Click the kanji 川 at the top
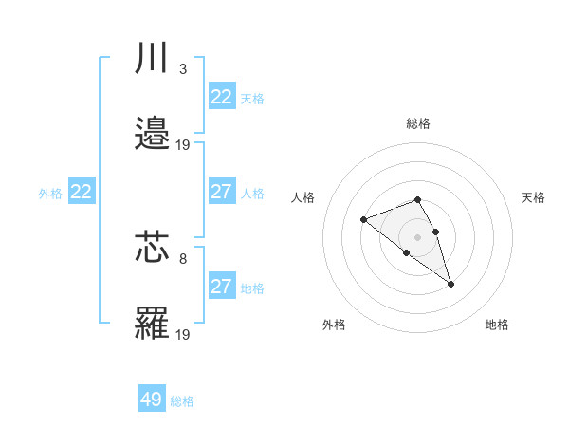pyautogui.click(x=152, y=58)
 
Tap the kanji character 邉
pyautogui.click(x=152, y=134)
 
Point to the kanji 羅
pyautogui.click(x=152, y=324)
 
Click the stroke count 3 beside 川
pyautogui.click(x=183, y=68)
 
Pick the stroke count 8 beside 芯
pyautogui.click(x=183, y=258)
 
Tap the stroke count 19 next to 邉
pyautogui.click(x=183, y=144)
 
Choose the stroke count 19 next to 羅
pyautogui.click(x=183, y=334)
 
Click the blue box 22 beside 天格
pyautogui.click(x=221, y=97)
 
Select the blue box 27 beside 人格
pyautogui.click(x=221, y=192)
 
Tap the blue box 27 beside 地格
pyautogui.click(x=221, y=287)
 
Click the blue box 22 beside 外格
pyautogui.click(x=82, y=192)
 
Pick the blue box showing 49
pyautogui.click(x=152, y=400)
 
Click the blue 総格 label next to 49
pyautogui.click(x=182, y=401)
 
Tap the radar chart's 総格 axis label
pyautogui.click(x=418, y=123)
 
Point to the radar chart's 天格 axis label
pyautogui.click(x=533, y=197)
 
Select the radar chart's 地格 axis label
pyautogui.click(x=497, y=325)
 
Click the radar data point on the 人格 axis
pyautogui.click(x=363, y=220)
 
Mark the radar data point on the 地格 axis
pyautogui.click(x=450, y=284)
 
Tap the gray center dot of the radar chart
pyautogui.click(x=418, y=236)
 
